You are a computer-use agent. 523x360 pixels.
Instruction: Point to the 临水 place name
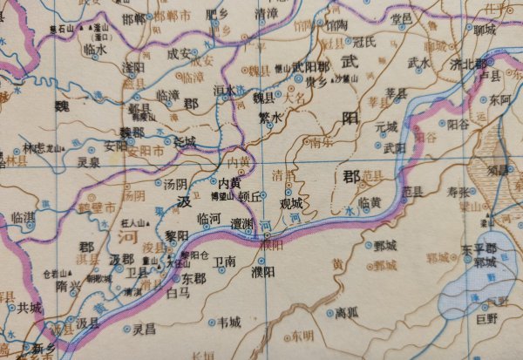tap(94, 51)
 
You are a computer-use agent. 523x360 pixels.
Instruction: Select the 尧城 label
tap(185, 140)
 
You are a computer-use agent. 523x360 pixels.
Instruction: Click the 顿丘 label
tap(250, 196)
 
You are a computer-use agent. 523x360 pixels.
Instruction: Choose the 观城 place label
tap(291, 203)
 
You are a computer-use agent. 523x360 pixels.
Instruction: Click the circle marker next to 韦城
tap(211, 323)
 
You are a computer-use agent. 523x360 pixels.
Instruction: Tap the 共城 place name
tap(28, 308)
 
